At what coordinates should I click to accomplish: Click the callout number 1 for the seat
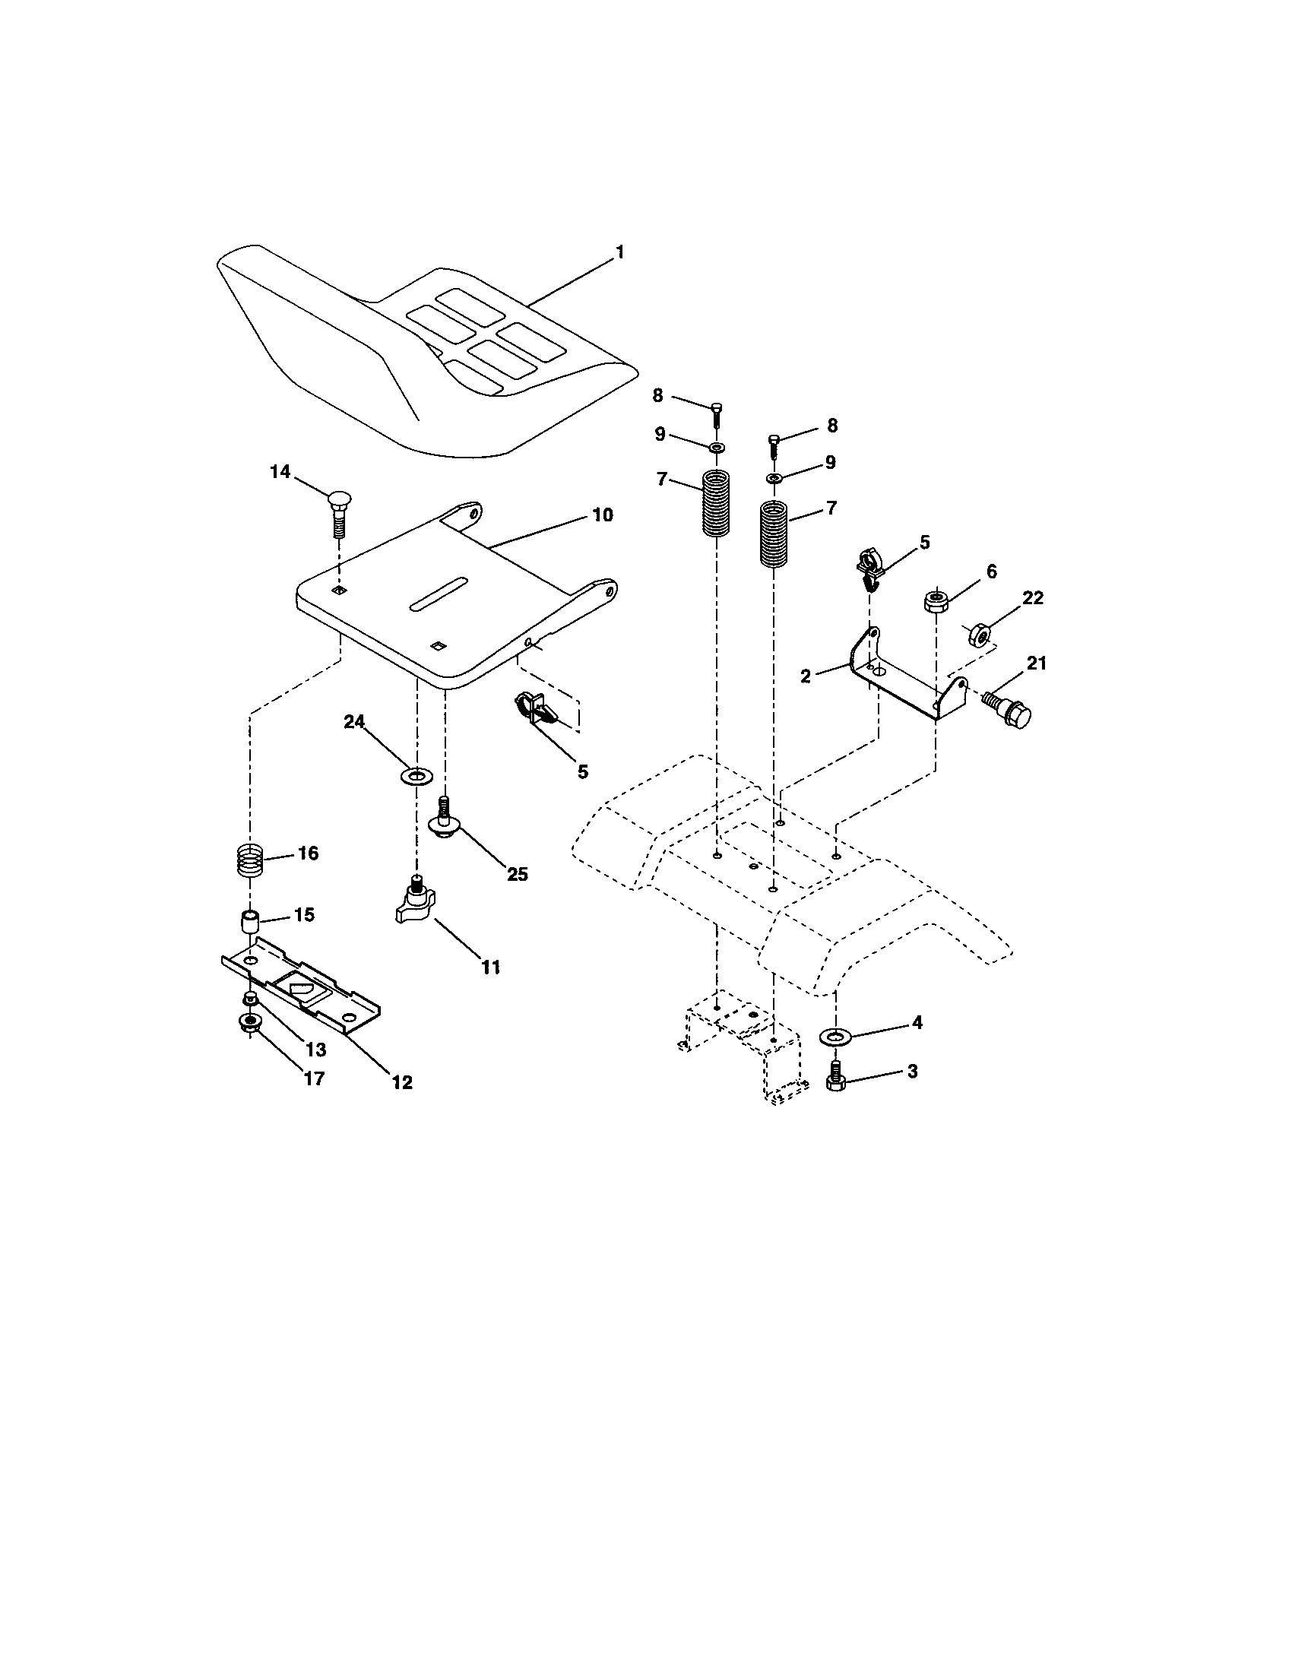point(620,252)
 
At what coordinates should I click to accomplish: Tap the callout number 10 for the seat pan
point(603,515)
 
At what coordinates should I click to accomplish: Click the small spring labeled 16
point(249,860)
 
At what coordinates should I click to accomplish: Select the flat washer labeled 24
point(416,777)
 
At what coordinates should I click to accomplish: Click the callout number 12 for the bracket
point(402,1081)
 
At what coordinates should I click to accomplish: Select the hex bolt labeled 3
point(835,1079)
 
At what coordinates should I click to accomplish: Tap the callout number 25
point(518,874)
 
